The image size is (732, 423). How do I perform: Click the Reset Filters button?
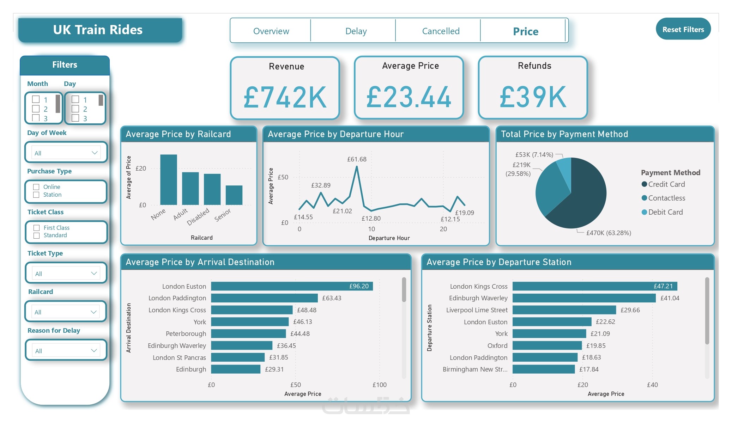683,29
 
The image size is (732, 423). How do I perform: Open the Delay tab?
356,31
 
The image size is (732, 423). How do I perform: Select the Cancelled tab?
441,31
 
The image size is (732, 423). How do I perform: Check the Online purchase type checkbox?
36,187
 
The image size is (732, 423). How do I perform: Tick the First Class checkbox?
36,228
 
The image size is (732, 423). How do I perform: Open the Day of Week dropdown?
66,153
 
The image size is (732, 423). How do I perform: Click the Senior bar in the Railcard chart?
234,195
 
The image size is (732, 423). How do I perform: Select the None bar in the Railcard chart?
169,180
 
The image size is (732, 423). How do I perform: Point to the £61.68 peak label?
357,159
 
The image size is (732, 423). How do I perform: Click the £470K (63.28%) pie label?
609,233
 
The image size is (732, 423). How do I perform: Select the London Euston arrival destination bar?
292,286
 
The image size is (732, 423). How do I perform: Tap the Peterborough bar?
248,333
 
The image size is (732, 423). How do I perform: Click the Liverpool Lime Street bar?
564,310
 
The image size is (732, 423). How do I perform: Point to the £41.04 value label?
670,298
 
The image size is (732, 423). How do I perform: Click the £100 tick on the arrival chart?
380,385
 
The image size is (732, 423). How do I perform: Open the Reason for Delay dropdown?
66,351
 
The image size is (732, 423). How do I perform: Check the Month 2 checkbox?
36,109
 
